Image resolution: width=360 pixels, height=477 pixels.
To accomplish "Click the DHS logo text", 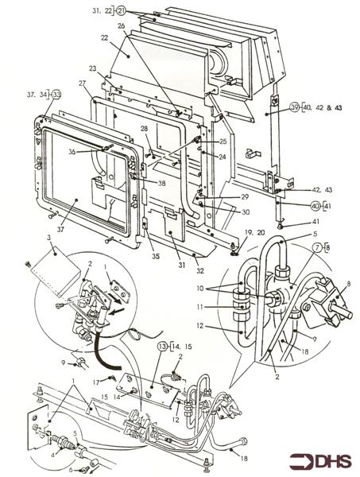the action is click(320, 461).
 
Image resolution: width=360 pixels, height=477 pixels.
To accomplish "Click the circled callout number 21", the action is click(121, 11).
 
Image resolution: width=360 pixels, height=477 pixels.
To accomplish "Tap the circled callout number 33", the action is click(56, 95).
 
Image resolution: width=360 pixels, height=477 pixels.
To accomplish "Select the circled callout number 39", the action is click(294, 107).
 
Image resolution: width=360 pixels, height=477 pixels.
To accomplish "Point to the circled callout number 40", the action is click(315, 206).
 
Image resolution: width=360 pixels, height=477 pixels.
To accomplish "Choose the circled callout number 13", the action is click(162, 347).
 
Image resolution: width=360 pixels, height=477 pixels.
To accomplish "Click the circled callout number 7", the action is click(317, 247).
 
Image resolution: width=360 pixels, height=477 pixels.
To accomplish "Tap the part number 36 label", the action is click(72, 151).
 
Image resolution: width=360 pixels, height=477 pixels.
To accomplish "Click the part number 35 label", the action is click(156, 257).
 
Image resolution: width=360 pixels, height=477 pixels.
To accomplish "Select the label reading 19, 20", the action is click(256, 232).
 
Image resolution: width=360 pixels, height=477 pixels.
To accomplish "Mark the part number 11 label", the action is click(199, 307).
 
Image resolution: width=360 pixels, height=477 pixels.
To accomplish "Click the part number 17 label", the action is click(96, 382).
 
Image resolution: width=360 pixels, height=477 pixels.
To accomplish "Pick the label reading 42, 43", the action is click(322, 190).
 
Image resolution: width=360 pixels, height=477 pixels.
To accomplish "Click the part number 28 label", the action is click(144, 129).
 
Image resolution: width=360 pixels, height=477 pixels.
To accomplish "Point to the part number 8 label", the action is click(349, 284).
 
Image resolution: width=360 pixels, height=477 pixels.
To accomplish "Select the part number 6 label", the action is click(71, 470).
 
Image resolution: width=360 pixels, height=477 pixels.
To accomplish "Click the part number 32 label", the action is click(199, 270).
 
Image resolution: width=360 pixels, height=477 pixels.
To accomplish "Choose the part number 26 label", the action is click(122, 26).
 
